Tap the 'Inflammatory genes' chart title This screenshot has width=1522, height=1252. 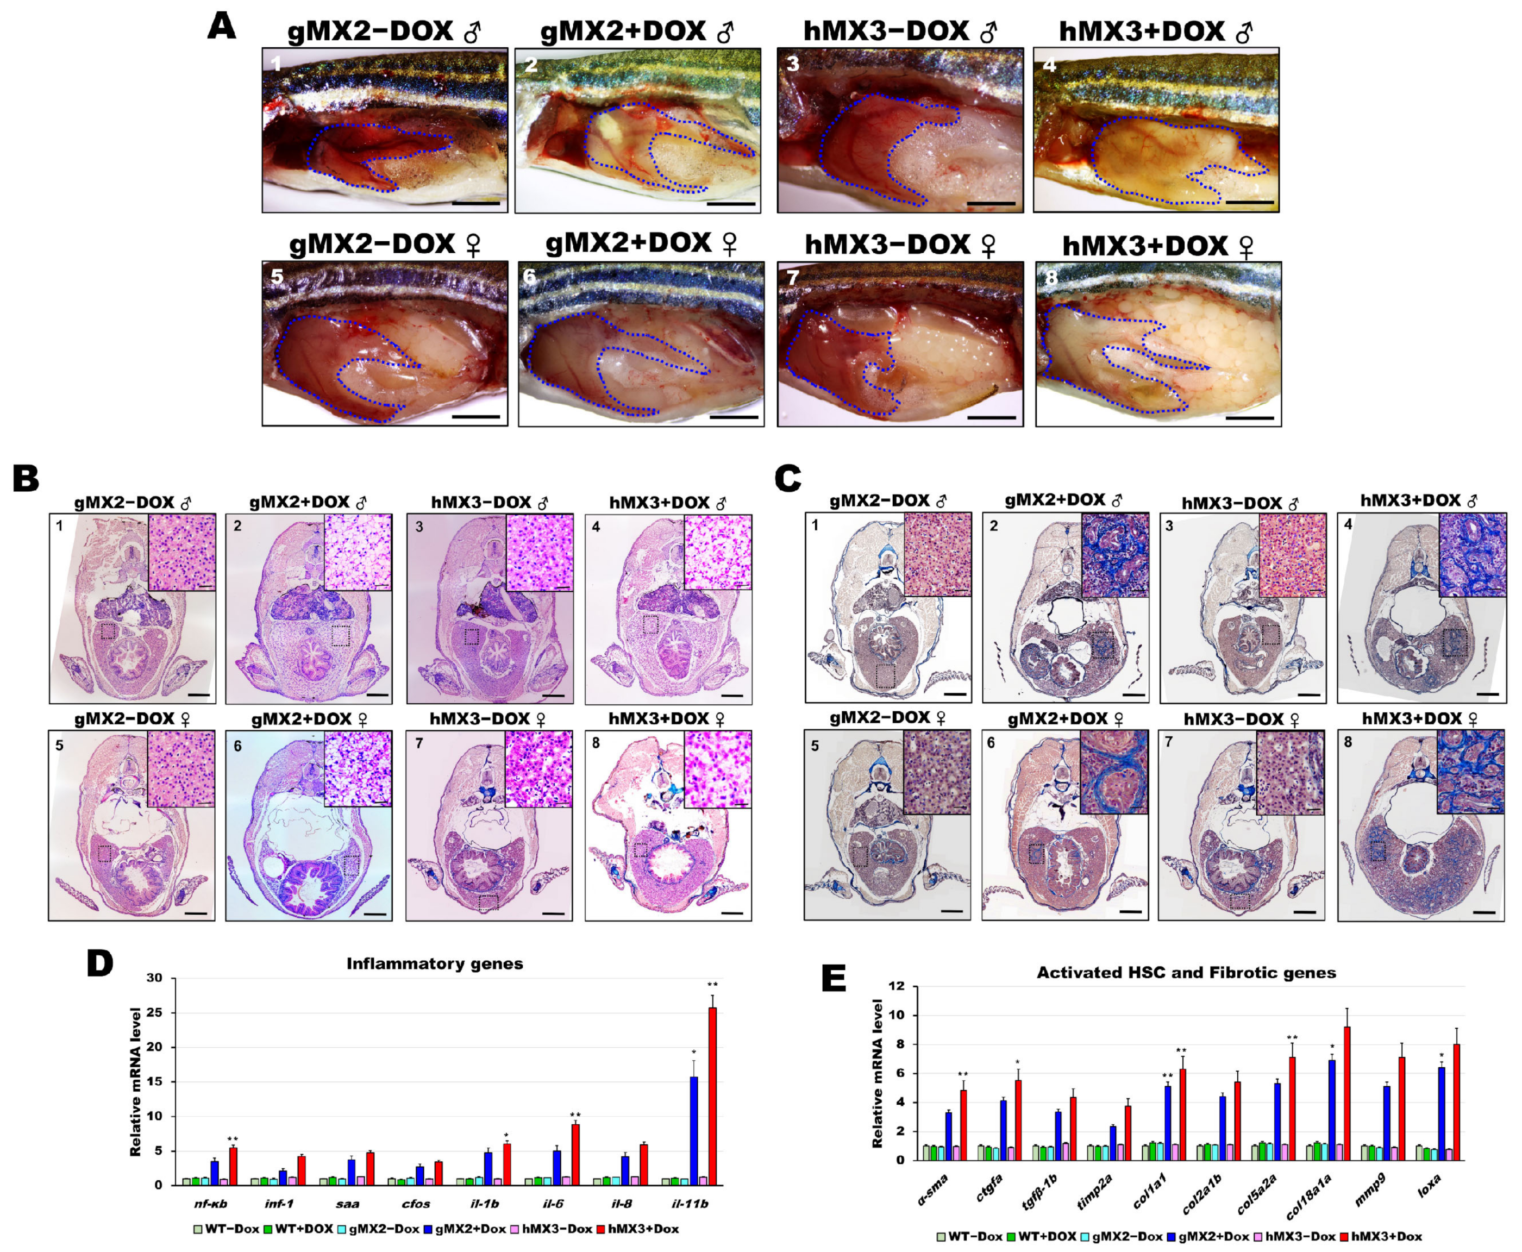[435, 964]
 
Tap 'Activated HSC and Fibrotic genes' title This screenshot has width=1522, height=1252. [1186, 973]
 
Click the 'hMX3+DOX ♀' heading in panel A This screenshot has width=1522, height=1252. [1158, 246]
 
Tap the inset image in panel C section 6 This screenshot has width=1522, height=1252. [1113, 772]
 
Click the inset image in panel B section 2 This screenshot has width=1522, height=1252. [358, 553]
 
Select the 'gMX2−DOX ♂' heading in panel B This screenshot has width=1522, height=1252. [133, 503]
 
